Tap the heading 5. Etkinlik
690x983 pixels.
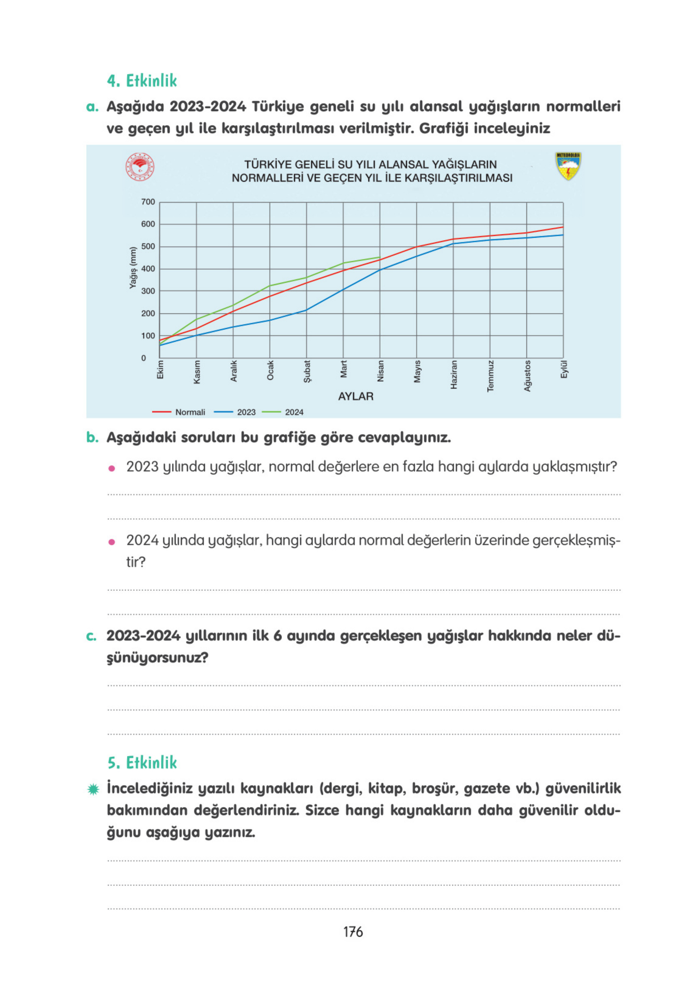pos(142,763)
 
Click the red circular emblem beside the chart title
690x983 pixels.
pos(140,167)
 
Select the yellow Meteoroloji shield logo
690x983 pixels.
pos(568,166)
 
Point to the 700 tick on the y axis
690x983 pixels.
pos(148,202)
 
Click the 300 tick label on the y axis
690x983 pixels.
pos(148,291)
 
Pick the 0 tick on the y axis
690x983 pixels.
pos(144,358)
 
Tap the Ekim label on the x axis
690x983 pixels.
pos(160,369)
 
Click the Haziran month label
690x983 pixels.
pos(454,375)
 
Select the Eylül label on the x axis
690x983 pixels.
pos(564,369)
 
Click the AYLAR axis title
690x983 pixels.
pos(355,397)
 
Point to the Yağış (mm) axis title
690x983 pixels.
pos(133,268)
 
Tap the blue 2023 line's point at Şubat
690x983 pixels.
pos(306,310)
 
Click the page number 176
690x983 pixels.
pos(353,932)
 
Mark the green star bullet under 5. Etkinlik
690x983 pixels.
pos(93,789)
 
